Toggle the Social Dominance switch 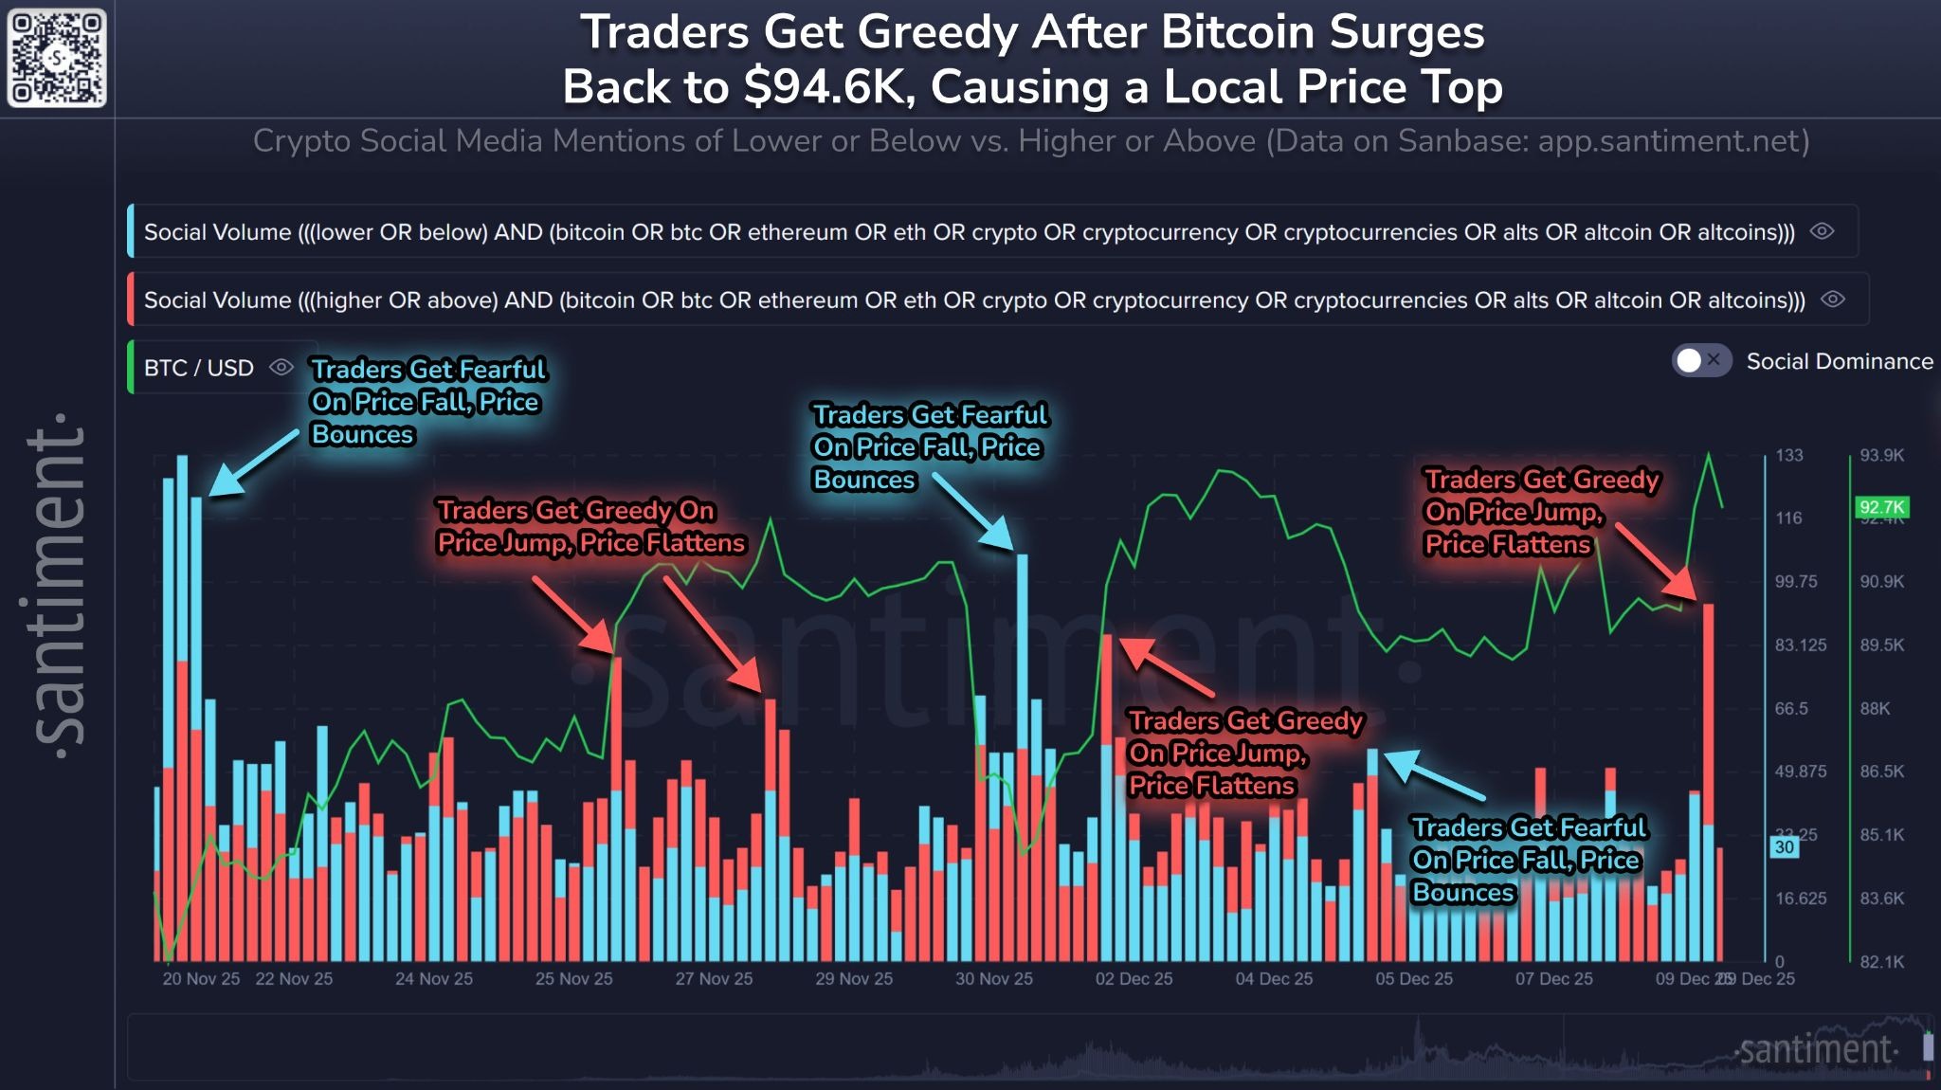(x=1700, y=361)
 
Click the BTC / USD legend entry (x=199, y=368)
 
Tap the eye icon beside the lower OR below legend (x=1822, y=231)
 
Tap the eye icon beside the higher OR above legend (x=1833, y=300)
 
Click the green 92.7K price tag (x=1880, y=507)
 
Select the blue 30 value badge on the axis (x=1785, y=846)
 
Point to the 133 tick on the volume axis (x=1788, y=456)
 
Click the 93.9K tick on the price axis (x=1881, y=456)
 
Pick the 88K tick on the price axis (x=1875, y=709)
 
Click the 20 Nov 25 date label (x=201, y=979)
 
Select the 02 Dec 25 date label (x=1134, y=979)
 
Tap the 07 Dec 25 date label (x=1553, y=979)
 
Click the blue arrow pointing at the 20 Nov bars (x=252, y=463)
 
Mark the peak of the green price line (x=1709, y=455)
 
